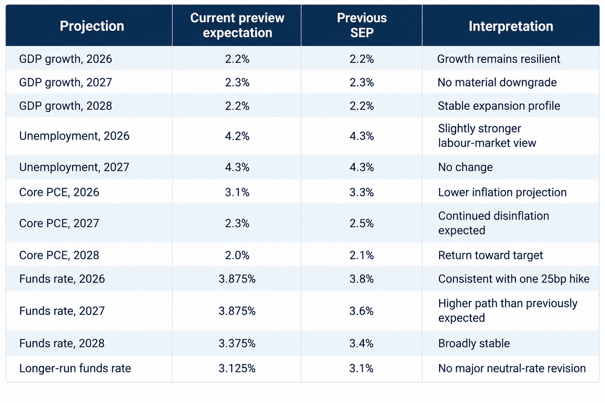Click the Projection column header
[x=92, y=26]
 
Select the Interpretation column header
[x=511, y=26]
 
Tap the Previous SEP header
[x=362, y=25]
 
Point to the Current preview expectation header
[x=237, y=25]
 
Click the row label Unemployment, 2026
[x=74, y=136]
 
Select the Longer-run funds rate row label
[x=75, y=368]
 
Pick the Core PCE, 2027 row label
[x=59, y=223]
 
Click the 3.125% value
[x=237, y=368]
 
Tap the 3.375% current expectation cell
[x=237, y=343]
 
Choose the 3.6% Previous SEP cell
[x=361, y=311]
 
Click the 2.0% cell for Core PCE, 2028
[x=237, y=255]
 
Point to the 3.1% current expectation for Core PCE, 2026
[x=237, y=192]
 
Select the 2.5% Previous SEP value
[x=361, y=223]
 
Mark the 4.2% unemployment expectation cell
[x=237, y=136]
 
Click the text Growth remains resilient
[x=499, y=59]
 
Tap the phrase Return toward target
[x=490, y=256]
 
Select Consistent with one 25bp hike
[x=514, y=279]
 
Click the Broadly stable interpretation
[x=474, y=343]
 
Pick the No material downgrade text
[x=497, y=82]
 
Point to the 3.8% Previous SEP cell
[x=361, y=279]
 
